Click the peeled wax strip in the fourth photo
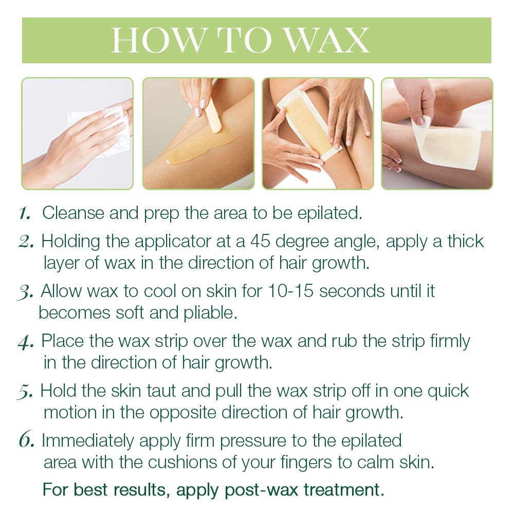click(x=446, y=146)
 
